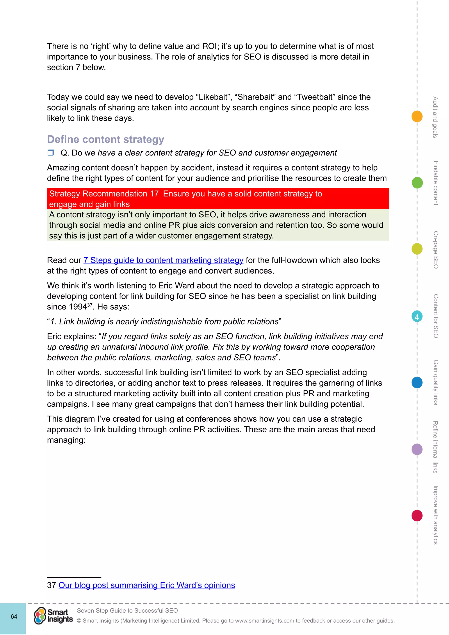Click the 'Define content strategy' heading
coord(106,139)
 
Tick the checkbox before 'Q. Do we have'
coord(51,153)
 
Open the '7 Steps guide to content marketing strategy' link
coord(163,260)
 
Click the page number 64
coord(14,616)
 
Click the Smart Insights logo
coord(53,616)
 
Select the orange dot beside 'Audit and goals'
coord(417,116)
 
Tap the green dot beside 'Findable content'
coord(417,183)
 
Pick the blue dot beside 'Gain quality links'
coord(417,382)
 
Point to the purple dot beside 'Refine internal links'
coord(417,449)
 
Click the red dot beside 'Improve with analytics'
coord(417,515)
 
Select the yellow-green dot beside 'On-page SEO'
coord(417,249)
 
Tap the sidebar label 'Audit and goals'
coord(435,117)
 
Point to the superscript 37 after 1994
coord(90,305)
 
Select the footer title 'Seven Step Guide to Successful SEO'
coord(127,610)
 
